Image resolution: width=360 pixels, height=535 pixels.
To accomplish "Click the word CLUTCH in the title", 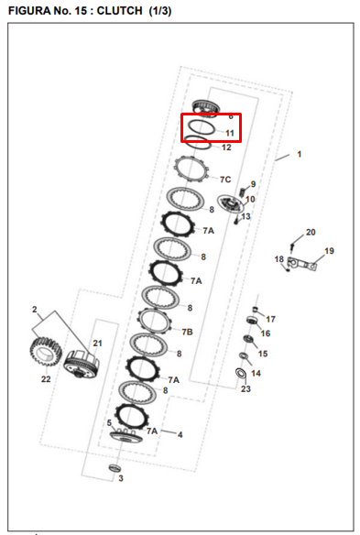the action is [x=119, y=11].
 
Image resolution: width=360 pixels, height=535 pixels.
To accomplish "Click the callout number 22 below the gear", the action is [x=46, y=379].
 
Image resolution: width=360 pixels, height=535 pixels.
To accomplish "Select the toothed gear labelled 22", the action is [x=46, y=351].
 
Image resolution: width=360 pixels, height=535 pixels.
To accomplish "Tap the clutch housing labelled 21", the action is [x=82, y=365].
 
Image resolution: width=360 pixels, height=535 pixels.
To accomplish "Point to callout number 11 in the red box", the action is [x=230, y=133].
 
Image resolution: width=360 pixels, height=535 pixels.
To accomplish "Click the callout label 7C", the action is [x=225, y=180].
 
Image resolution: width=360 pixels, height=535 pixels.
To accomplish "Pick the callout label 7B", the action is [x=188, y=332].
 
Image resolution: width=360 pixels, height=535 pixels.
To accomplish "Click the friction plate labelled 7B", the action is [x=154, y=321].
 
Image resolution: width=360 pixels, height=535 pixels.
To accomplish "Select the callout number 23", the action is [x=245, y=388].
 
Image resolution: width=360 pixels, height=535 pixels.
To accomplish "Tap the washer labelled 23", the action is [x=241, y=373].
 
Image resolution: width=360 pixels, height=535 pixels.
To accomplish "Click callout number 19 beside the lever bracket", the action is [x=329, y=251].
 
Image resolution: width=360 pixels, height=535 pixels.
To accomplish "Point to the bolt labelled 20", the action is [x=292, y=246].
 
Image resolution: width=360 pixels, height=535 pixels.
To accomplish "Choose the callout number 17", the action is [x=270, y=319].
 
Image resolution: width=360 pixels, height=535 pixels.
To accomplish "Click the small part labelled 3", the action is [x=115, y=468].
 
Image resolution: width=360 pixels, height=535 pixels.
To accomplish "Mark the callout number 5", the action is [x=109, y=422].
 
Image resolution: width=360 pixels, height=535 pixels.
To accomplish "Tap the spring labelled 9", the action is [x=242, y=192].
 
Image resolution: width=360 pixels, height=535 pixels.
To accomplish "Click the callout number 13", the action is [x=245, y=216].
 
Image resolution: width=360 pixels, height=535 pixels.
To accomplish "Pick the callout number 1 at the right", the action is [x=300, y=154].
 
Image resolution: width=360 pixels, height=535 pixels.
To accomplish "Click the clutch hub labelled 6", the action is [x=205, y=108].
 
